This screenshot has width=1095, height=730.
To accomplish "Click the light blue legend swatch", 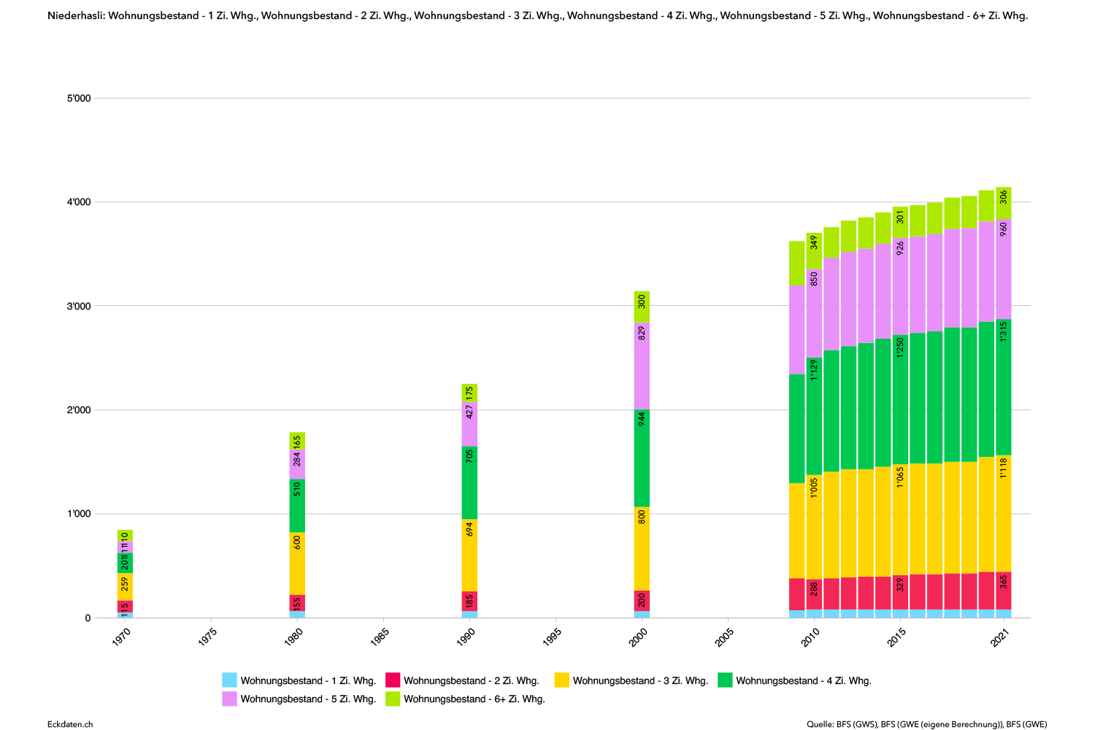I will pyautogui.click(x=229, y=680).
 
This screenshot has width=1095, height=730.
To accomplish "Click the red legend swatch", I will pyautogui.click(x=393, y=680).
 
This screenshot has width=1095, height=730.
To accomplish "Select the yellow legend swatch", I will pyautogui.click(x=561, y=680).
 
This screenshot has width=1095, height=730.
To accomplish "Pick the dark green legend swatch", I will pyautogui.click(x=725, y=680).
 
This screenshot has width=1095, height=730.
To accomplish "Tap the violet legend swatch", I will pyautogui.click(x=229, y=699).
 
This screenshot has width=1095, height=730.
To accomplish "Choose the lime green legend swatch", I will pyautogui.click(x=393, y=699).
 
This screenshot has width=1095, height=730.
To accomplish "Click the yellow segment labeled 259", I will pyautogui.click(x=125, y=587).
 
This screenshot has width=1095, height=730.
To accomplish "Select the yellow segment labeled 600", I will pyautogui.click(x=297, y=563).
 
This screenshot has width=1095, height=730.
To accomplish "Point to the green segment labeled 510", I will pyautogui.click(x=297, y=505).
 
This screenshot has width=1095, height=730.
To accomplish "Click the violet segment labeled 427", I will pyautogui.click(x=469, y=424).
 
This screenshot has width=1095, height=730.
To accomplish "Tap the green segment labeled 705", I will pyautogui.click(x=469, y=483).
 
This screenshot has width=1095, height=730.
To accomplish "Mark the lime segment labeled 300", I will pyautogui.click(x=642, y=307).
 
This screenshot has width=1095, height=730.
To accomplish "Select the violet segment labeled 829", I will pyautogui.click(x=642, y=366).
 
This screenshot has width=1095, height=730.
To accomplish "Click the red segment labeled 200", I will pyautogui.click(x=642, y=601).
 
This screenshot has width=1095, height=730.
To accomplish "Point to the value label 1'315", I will pyautogui.click(x=1004, y=331).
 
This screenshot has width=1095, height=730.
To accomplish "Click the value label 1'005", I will pyautogui.click(x=814, y=488).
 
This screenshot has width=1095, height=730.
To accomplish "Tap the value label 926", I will pyautogui.click(x=900, y=247).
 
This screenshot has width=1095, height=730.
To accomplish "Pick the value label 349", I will pyautogui.click(x=814, y=242).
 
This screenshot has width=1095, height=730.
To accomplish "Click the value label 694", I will pyautogui.click(x=469, y=529).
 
